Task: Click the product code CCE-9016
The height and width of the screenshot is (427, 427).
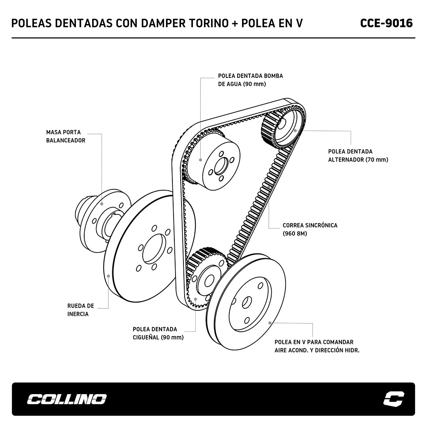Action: tap(386, 23)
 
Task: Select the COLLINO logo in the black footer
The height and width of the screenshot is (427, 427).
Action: tap(66, 399)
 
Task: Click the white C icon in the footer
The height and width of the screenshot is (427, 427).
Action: tap(394, 399)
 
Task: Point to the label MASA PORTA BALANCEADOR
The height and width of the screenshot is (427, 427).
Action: tap(66, 136)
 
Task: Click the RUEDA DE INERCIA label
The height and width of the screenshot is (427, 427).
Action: tap(81, 310)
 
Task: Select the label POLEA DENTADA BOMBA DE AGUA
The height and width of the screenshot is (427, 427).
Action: tap(250, 80)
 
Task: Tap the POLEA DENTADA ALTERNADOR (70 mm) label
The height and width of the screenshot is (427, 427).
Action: tap(358, 155)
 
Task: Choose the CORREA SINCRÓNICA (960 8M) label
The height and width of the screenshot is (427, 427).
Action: tap(310, 229)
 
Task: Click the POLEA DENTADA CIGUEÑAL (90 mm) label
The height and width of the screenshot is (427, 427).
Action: tap(158, 333)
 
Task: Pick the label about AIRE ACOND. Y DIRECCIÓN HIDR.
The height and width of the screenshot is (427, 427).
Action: tap(317, 346)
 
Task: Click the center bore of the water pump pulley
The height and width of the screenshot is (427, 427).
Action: tap(221, 166)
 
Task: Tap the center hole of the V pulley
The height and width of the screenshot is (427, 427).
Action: tap(246, 302)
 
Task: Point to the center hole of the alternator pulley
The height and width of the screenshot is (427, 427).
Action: tap(282, 123)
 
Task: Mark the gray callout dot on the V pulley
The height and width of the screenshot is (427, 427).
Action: tap(270, 323)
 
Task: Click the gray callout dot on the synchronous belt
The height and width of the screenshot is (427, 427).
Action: tap(269, 185)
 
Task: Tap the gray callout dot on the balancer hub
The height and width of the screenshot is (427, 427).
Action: tap(102, 204)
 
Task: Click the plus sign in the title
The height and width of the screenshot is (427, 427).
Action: tap(234, 24)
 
